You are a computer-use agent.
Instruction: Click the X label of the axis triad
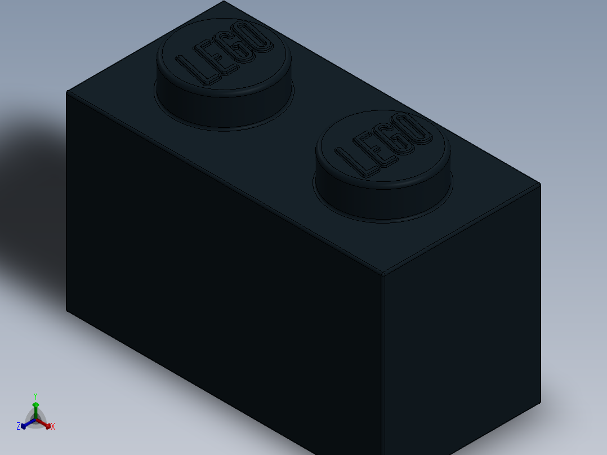tap(53, 426)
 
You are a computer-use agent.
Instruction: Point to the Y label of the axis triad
tap(35, 396)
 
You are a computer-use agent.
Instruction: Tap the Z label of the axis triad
tap(19, 426)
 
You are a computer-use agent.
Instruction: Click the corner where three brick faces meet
tap(383, 275)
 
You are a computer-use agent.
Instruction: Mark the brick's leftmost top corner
tap(67, 91)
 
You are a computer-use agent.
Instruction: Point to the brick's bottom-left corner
tap(67, 309)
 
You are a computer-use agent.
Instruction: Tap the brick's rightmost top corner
tap(539, 184)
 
